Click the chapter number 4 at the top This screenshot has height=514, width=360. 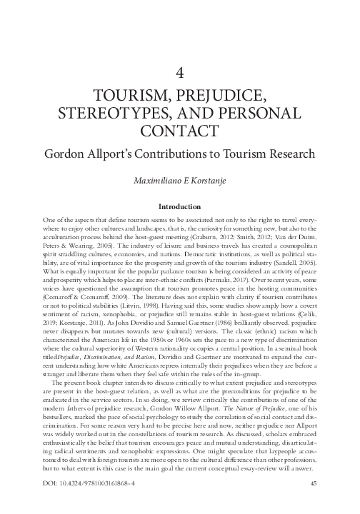pos(180,72)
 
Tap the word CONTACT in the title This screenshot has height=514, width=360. pos(180,133)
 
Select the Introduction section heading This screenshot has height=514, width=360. pos(180,209)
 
